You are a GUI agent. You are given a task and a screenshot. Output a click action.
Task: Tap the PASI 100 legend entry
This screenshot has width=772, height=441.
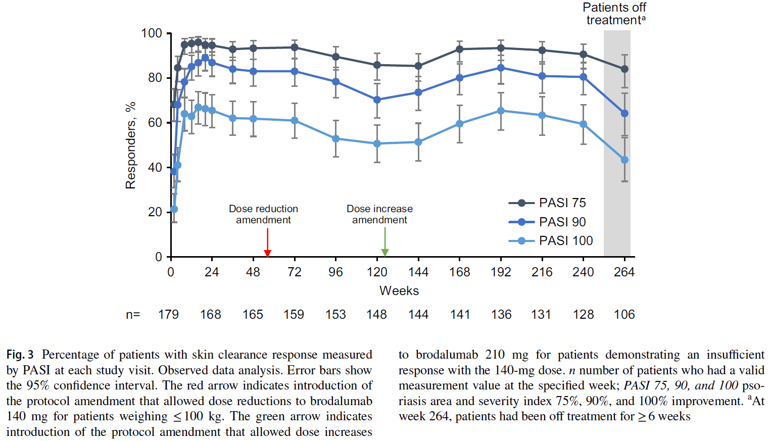pos(551,241)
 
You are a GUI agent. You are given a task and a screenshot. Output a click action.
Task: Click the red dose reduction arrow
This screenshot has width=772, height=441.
pos(268,242)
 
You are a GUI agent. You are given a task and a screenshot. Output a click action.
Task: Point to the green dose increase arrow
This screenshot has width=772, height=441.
pos(385,242)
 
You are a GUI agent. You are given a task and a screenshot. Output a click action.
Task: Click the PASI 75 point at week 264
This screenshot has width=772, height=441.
pos(624,69)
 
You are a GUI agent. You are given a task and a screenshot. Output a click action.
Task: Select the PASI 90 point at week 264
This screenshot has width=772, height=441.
pos(624,114)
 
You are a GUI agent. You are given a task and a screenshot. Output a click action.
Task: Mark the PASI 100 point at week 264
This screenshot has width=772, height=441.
pos(624,160)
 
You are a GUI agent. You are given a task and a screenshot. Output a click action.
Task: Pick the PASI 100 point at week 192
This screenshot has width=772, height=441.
pos(501,111)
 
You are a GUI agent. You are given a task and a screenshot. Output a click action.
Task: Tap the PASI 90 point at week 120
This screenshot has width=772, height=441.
pos(377,100)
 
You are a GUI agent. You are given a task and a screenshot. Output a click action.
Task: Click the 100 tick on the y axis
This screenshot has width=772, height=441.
pos(152,33)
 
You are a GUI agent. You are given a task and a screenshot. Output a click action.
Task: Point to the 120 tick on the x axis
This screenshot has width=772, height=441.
pos(377,272)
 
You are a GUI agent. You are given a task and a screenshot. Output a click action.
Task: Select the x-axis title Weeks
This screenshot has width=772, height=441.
pos(399,291)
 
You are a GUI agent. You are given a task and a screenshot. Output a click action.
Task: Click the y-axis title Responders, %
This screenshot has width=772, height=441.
pos(131,145)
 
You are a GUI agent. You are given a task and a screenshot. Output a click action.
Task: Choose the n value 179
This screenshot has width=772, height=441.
pos(168,315)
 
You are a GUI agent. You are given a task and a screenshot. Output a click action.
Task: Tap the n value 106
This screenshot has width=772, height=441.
pos(624,315)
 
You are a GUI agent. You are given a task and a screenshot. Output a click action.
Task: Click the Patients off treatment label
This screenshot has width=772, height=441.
pos(614,14)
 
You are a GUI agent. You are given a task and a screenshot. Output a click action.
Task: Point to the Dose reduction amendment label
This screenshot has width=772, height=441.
pos(263,214)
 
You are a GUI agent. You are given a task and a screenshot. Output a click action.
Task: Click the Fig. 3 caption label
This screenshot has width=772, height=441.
pos(20,355)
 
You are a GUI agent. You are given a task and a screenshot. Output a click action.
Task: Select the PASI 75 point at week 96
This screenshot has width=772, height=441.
pos(336,57)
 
